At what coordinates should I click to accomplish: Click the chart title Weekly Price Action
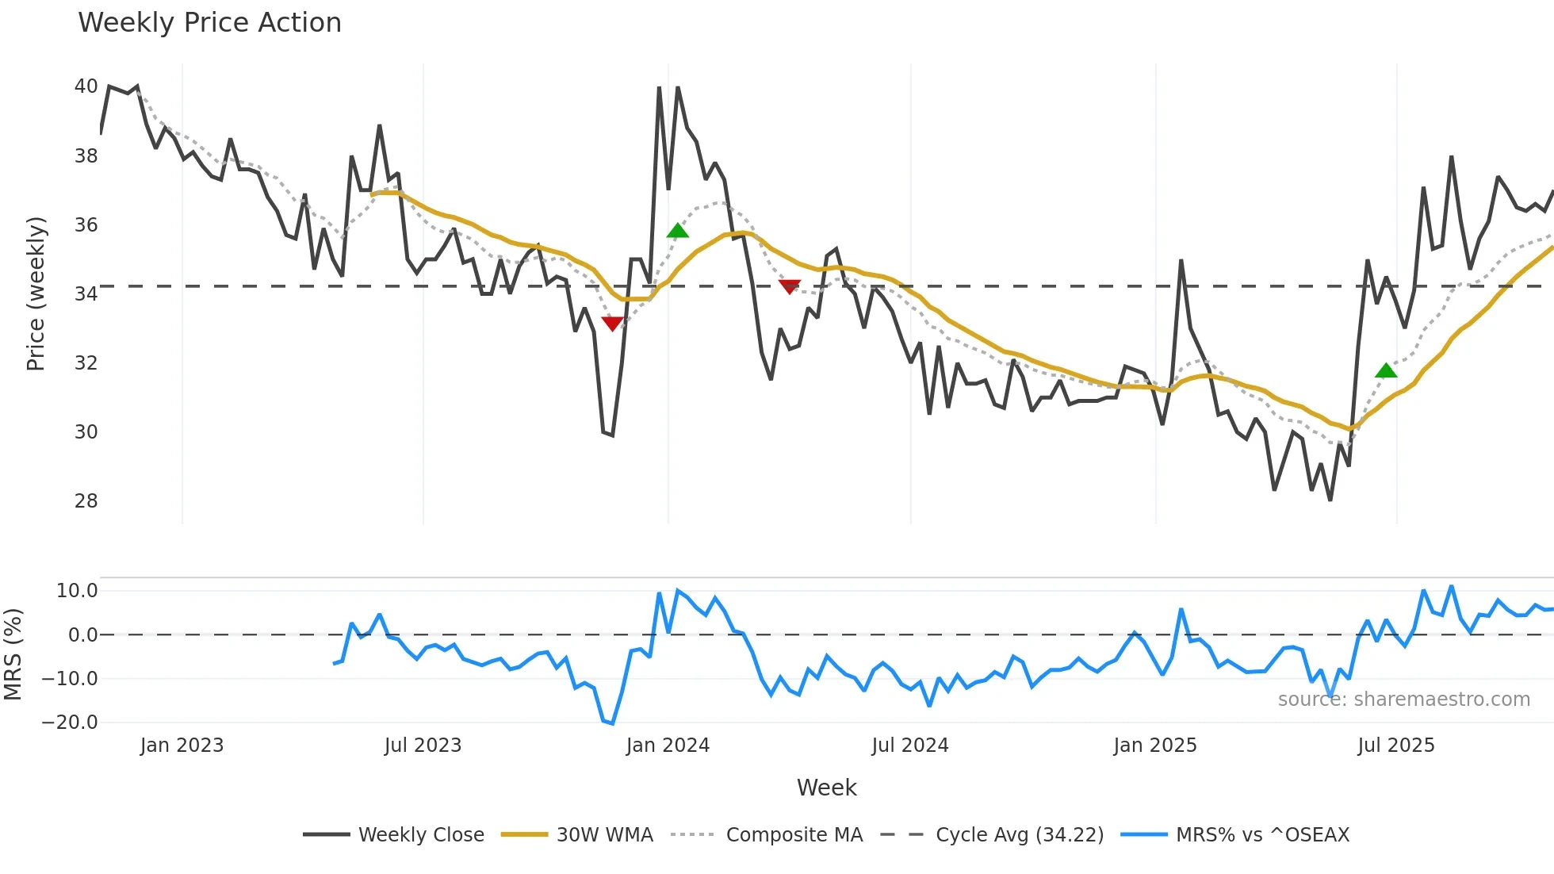pyautogui.click(x=209, y=23)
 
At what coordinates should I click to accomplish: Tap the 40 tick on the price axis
pyautogui.click(x=86, y=86)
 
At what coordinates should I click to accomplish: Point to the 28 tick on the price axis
pyautogui.click(x=86, y=501)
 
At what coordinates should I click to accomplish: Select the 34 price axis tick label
pyautogui.click(x=86, y=294)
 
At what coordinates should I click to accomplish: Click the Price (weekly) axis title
pyautogui.click(x=36, y=293)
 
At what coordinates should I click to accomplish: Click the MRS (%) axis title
pyautogui.click(x=13, y=654)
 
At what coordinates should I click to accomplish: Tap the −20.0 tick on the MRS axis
pyautogui.click(x=70, y=723)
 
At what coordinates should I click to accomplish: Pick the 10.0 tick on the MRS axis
pyautogui.click(x=77, y=591)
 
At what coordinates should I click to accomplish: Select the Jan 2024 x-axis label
pyautogui.click(x=668, y=746)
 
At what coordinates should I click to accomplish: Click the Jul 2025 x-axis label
pyautogui.click(x=1396, y=746)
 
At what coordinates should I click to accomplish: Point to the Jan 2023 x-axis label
pyautogui.click(x=182, y=746)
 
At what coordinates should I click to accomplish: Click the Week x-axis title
pyautogui.click(x=826, y=788)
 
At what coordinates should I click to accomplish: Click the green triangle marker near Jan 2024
pyautogui.click(x=677, y=231)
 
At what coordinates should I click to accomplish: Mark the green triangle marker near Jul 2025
pyautogui.click(x=1386, y=370)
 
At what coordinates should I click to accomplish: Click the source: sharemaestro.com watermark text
pyautogui.click(x=1403, y=700)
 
